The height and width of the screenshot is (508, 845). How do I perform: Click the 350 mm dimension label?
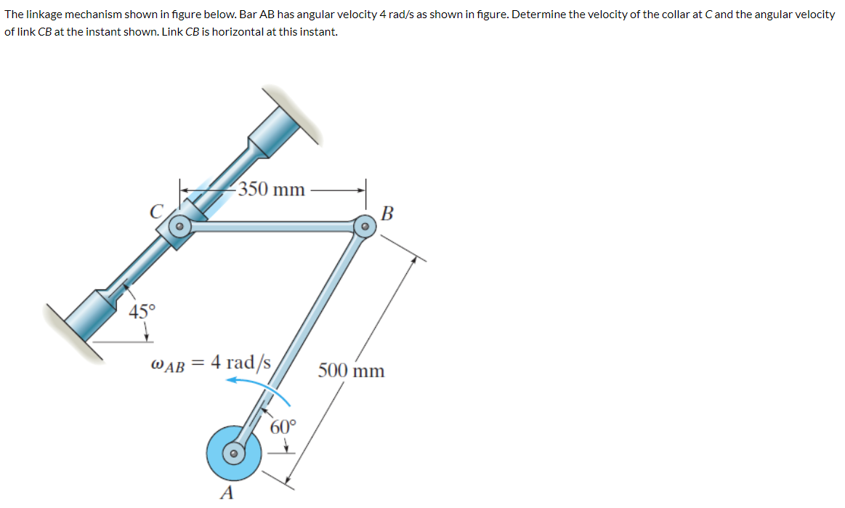272,190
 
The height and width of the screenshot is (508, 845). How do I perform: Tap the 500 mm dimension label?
352,371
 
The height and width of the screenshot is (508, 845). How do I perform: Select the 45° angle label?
142,312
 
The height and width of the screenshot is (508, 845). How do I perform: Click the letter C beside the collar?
155,212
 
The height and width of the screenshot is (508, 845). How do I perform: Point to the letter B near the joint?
387,214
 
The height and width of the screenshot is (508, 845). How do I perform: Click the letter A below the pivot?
227,494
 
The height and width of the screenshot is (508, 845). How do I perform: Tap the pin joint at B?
364,227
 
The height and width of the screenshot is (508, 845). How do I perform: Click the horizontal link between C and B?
272,227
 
